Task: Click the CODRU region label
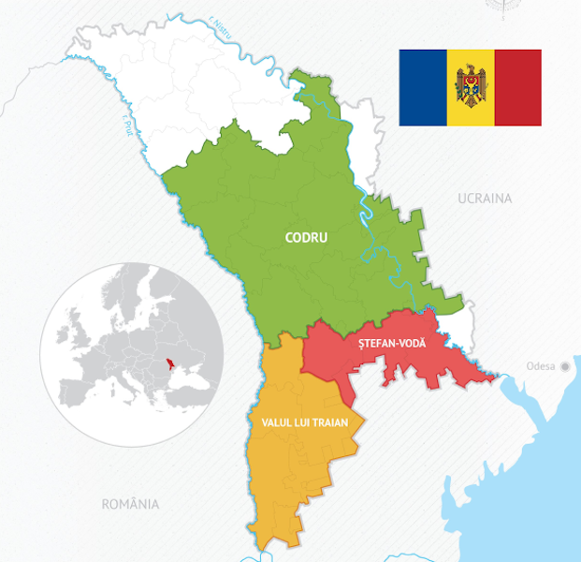(x=306, y=238)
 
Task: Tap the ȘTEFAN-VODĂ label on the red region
(x=392, y=344)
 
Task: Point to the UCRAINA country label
(x=485, y=199)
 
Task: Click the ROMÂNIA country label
(x=130, y=504)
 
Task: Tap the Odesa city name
(x=541, y=366)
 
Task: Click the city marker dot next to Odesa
(x=564, y=366)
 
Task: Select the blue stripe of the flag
(x=423, y=88)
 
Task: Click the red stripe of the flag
(x=517, y=88)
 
